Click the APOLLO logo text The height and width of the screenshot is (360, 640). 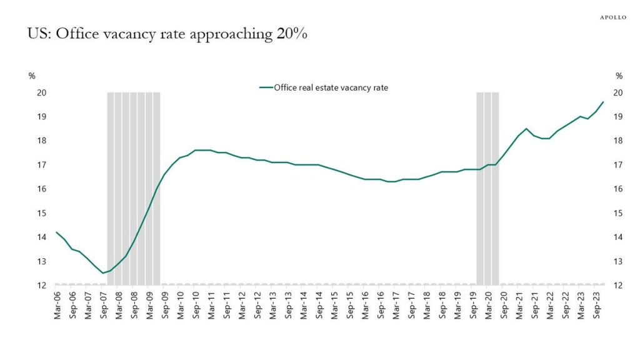[x=609, y=17]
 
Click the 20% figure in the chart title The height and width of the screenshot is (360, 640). [x=291, y=34]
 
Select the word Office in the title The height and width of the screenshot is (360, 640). [x=76, y=34]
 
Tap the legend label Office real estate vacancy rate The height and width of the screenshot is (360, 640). [x=331, y=87]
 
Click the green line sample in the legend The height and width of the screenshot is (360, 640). [x=266, y=87]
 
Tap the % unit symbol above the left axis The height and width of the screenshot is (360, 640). [x=32, y=76]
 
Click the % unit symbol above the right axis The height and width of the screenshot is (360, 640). [x=619, y=76]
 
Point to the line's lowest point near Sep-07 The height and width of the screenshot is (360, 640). [x=103, y=273]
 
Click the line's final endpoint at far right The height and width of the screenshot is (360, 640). [x=603, y=102]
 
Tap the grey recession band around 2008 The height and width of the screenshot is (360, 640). [x=134, y=187]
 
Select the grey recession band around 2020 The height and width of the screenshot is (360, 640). [x=487, y=187]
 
